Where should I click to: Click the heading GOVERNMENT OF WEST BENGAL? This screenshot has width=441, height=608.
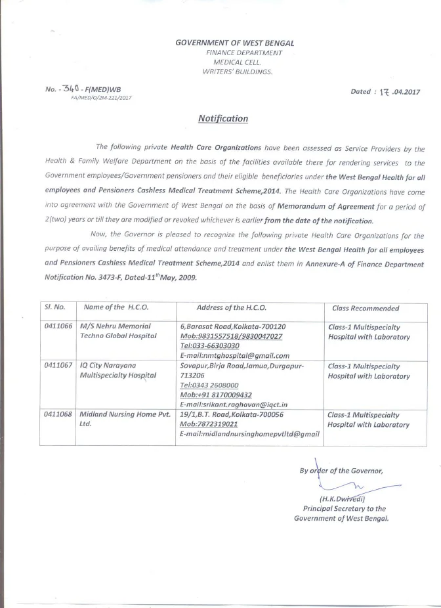235,43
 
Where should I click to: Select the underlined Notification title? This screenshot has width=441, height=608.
223,119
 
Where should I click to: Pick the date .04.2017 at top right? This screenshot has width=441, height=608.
402,92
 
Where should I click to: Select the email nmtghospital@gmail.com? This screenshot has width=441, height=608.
234,355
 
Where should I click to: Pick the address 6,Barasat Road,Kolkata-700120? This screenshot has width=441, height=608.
232,326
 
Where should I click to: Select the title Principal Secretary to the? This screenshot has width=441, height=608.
344,508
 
